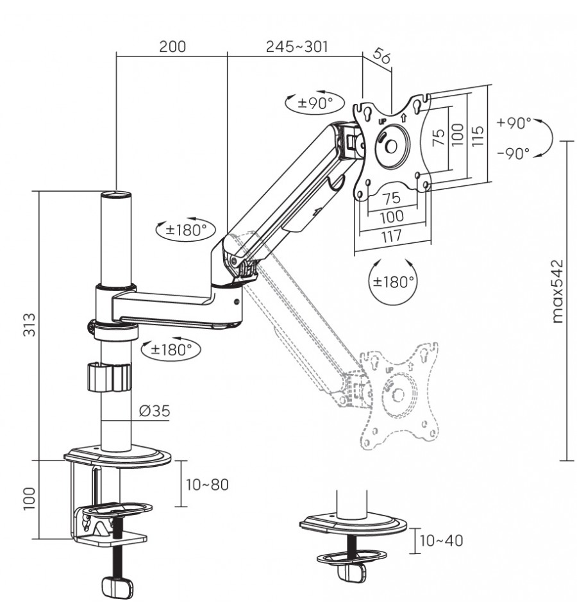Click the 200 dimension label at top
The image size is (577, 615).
coord(172,46)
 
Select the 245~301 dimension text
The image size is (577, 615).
coord(297,46)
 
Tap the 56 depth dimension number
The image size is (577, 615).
coord(381,55)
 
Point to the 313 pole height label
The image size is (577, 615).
coord(29,324)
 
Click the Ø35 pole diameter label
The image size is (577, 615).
coord(155,410)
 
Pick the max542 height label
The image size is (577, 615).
coord(557,291)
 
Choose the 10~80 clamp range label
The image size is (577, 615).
coord(207,484)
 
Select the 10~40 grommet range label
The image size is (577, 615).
coord(441,541)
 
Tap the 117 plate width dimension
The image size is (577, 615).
coord(392,235)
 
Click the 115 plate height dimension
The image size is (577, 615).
coord(478,136)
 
